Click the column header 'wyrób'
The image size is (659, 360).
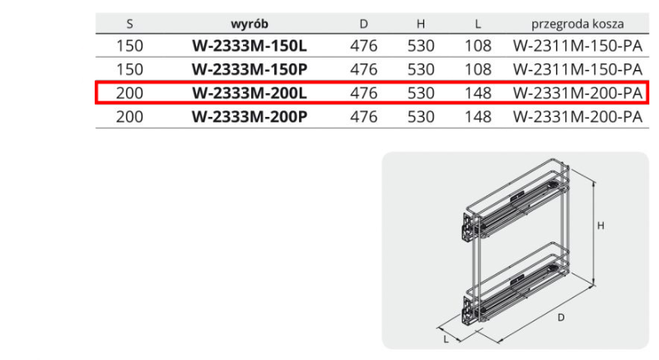(x=250, y=24)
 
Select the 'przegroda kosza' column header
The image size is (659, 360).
(x=577, y=24)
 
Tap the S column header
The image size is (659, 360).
(x=129, y=24)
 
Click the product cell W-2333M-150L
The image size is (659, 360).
(x=250, y=46)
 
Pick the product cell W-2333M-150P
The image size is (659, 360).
(x=250, y=69)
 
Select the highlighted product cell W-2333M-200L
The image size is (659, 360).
(x=250, y=93)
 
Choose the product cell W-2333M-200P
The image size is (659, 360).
(x=250, y=116)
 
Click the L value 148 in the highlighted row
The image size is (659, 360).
(x=478, y=93)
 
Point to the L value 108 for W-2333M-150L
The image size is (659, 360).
(x=478, y=46)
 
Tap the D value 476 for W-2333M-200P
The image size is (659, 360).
(x=363, y=116)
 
